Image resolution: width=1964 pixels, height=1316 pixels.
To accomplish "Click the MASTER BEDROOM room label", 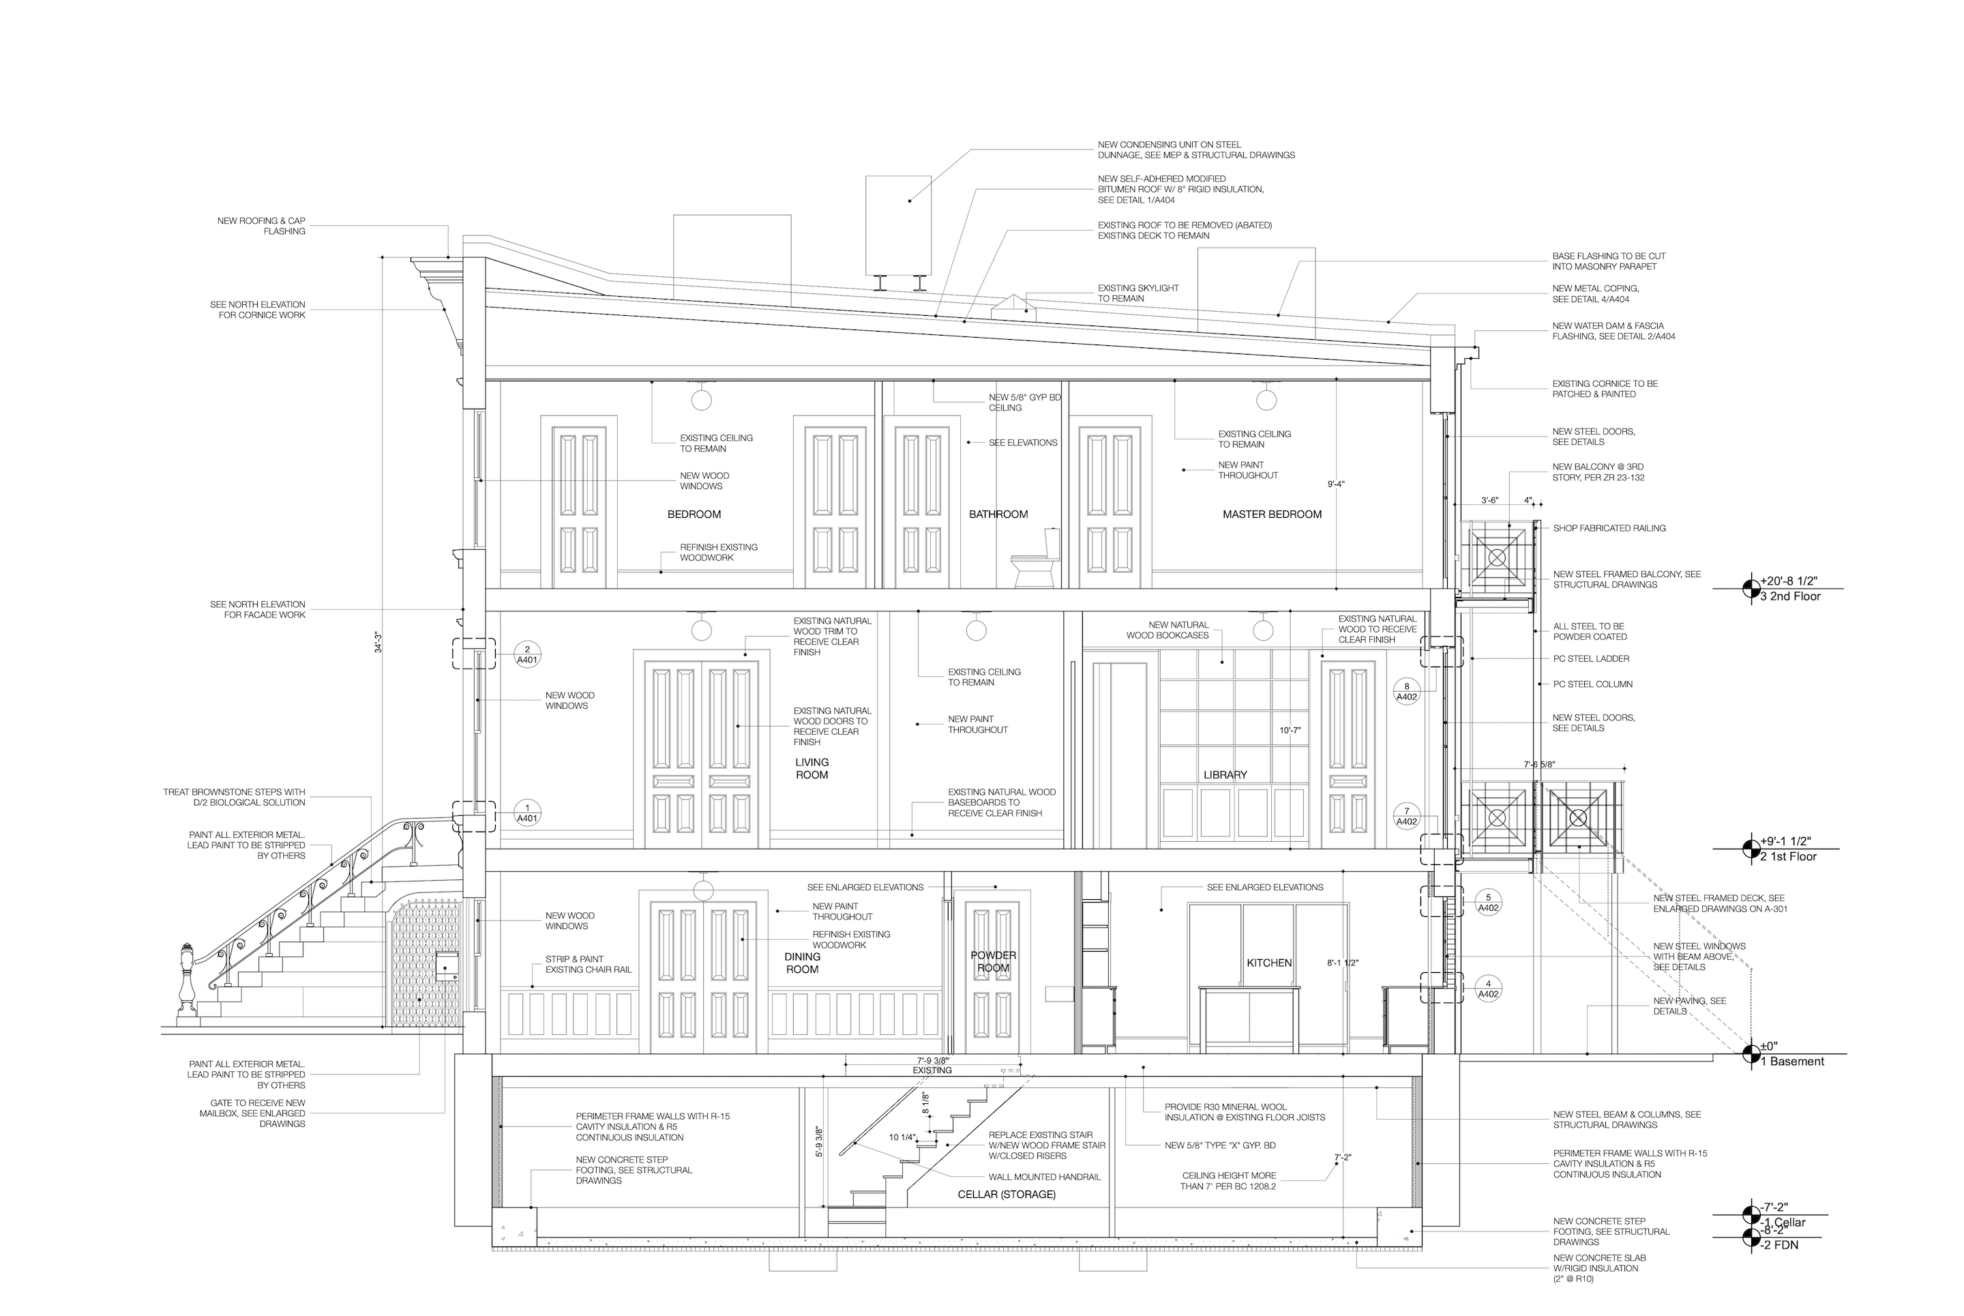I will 1271,514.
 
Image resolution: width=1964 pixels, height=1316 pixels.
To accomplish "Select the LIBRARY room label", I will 1225,775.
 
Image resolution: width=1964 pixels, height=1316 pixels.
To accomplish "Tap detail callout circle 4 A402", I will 1487,989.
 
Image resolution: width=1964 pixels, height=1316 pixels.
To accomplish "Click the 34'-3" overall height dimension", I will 378,642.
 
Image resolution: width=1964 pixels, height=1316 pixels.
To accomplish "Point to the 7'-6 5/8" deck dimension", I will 1539,765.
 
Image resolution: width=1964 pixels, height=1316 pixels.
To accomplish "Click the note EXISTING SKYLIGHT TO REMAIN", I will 1137,293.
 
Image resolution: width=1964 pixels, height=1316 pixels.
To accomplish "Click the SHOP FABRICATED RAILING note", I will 1608,528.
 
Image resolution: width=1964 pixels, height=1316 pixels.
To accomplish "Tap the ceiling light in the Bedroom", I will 701,400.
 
